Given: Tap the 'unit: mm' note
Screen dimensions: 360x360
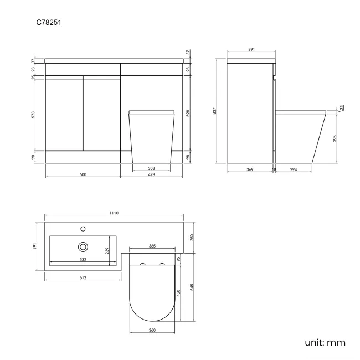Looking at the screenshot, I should (325, 342).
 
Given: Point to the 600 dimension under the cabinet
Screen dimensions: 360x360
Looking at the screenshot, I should (83, 174).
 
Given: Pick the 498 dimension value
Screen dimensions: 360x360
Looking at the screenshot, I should (151, 174).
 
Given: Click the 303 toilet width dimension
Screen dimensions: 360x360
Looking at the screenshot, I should (151, 168).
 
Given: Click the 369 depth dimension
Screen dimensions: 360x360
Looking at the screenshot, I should (250, 169).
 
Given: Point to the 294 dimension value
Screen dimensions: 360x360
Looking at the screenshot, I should (294, 169).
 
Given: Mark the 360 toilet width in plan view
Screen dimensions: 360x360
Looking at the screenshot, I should (152, 330).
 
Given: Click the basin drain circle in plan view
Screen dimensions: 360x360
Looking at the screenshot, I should (83, 246).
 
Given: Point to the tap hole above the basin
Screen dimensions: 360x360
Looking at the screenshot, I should (83, 228).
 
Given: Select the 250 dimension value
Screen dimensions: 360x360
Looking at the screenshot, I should (192, 237).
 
